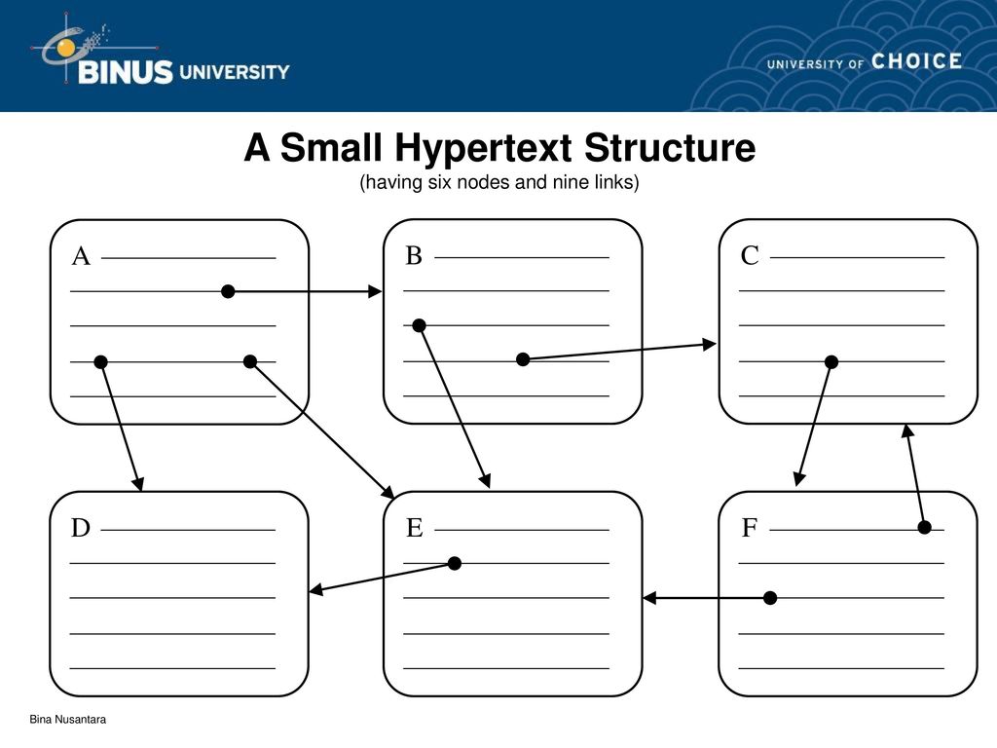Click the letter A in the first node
(x=81, y=256)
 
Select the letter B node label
(x=414, y=256)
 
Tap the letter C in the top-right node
(x=750, y=256)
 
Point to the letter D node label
(x=81, y=528)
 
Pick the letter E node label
(x=415, y=528)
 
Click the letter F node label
(x=750, y=528)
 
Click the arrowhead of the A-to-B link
(x=375, y=291)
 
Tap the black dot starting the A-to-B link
(x=228, y=291)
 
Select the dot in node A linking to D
(x=100, y=362)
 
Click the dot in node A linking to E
(x=250, y=361)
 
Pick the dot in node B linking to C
(x=523, y=359)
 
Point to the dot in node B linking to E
(x=419, y=325)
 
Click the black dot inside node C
(x=831, y=362)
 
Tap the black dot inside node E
(x=455, y=563)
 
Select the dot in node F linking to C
(x=925, y=527)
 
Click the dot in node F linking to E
(x=770, y=598)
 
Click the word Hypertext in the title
(x=483, y=149)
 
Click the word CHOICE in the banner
(x=916, y=61)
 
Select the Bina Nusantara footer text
(x=67, y=720)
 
